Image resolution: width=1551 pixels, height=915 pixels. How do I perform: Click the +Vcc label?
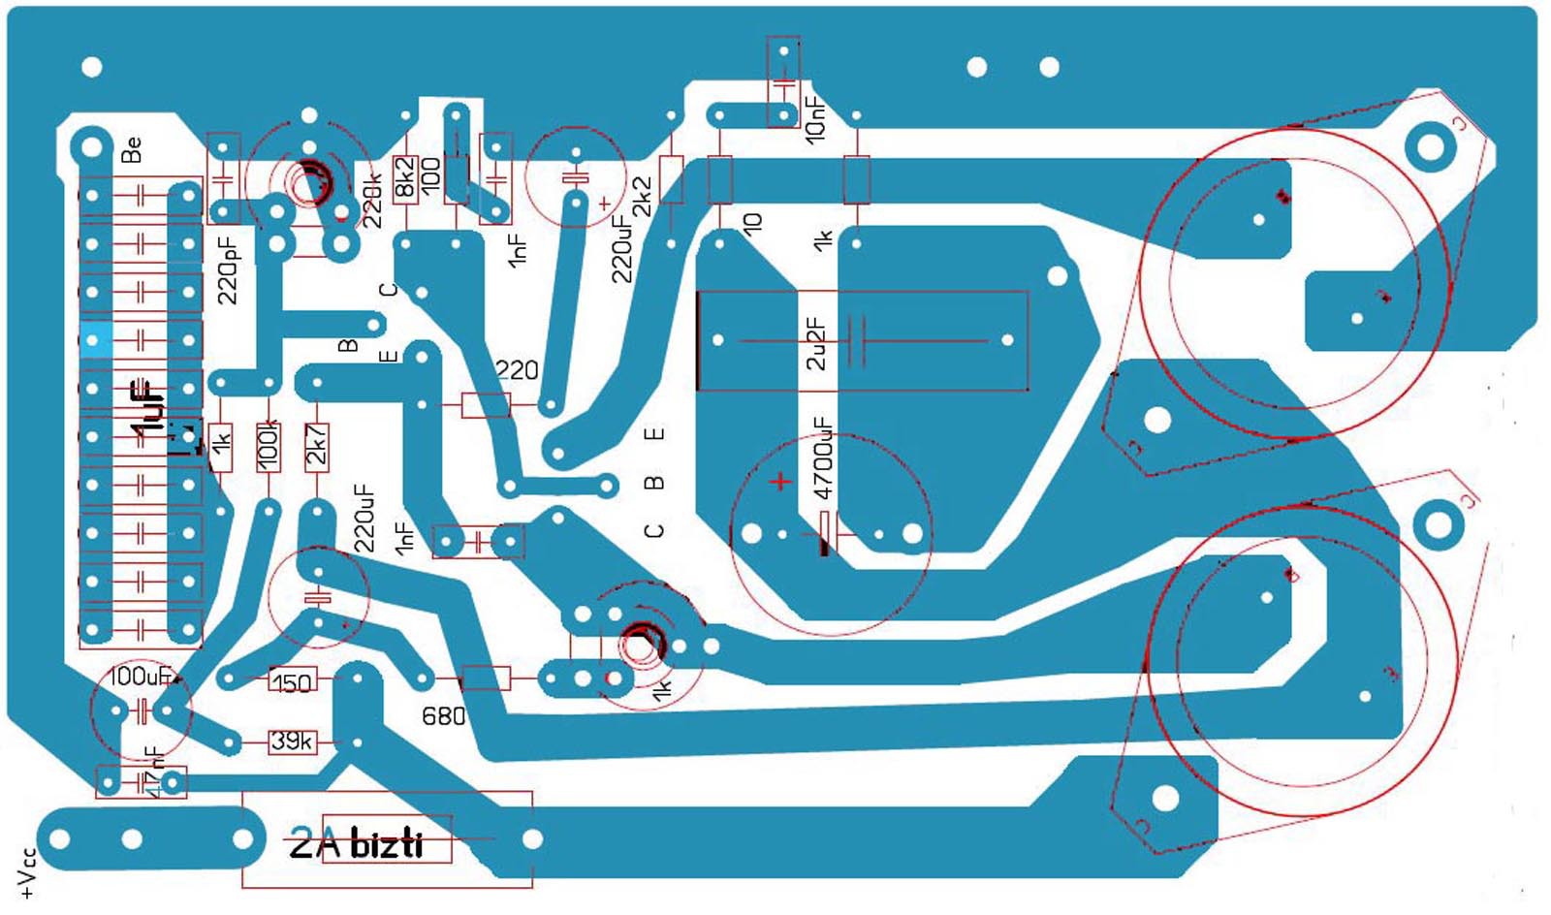point(27,872)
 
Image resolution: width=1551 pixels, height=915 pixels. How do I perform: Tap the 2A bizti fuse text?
point(357,844)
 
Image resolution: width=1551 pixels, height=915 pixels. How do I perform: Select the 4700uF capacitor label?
point(822,458)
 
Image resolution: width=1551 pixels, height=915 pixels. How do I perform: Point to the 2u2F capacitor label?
point(816,343)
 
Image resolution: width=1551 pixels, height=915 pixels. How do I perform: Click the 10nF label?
point(816,119)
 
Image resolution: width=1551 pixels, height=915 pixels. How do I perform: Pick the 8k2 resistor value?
point(405,177)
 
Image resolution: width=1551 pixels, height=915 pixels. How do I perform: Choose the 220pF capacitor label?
point(227,270)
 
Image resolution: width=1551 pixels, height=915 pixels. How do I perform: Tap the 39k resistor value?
point(291,741)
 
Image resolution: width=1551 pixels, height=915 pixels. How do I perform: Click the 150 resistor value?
point(291,682)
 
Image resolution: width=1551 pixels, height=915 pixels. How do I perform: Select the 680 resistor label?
point(443,716)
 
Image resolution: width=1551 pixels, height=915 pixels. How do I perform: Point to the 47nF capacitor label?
point(152,771)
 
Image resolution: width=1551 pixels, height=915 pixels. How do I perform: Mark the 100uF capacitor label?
point(140,676)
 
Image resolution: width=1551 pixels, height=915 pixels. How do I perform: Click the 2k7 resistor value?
point(317,445)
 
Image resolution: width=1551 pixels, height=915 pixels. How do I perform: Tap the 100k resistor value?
point(269,445)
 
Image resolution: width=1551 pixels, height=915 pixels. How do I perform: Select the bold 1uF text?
point(148,407)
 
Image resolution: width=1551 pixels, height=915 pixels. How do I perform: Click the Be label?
point(132,150)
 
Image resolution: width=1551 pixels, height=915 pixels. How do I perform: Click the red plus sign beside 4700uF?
point(780,481)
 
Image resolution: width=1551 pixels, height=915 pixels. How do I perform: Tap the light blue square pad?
point(94,339)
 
